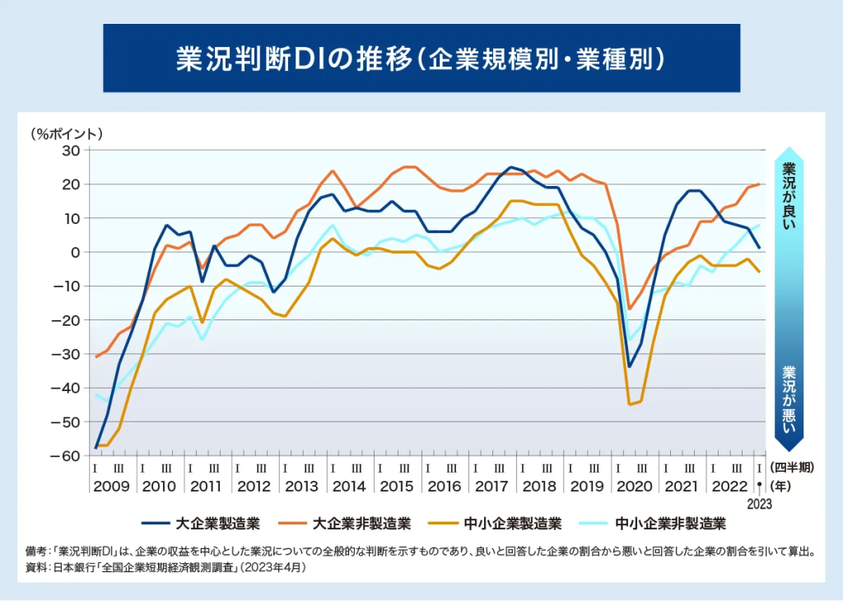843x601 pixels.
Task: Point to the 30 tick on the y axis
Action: [68, 151]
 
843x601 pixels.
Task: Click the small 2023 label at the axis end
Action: [759, 505]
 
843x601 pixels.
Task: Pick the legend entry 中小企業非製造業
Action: [658, 522]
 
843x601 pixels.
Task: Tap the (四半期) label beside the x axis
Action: [792, 467]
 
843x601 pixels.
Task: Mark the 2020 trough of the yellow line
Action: [630, 404]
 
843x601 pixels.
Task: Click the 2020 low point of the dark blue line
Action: [630, 366]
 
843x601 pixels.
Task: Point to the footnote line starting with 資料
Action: [165, 568]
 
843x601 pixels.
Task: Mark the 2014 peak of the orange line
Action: [332, 171]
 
